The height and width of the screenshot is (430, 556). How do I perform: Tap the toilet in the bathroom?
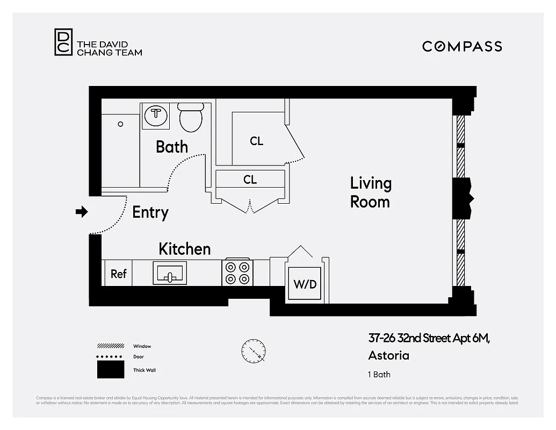click(191, 118)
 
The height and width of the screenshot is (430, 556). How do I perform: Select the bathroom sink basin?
click(156, 114)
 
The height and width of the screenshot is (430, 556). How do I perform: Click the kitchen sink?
click(170, 273)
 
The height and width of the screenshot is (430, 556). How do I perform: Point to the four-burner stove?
click(237, 273)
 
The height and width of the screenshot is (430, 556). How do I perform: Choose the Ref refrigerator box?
click(118, 274)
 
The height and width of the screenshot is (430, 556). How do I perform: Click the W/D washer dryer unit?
click(305, 284)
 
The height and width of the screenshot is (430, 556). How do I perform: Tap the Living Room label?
click(371, 192)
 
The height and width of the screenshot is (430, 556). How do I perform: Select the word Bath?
click(172, 147)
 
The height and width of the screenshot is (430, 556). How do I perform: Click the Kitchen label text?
click(184, 249)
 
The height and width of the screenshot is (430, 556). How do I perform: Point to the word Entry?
click(150, 212)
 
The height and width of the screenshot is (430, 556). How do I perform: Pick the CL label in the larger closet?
click(257, 141)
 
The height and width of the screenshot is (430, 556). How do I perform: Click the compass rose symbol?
click(253, 351)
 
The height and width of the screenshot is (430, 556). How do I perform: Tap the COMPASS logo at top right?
click(462, 46)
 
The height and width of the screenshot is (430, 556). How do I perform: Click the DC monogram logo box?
click(63, 42)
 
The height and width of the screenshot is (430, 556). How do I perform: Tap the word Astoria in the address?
click(388, 355)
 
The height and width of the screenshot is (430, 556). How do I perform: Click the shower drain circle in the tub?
click(120, 124)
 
